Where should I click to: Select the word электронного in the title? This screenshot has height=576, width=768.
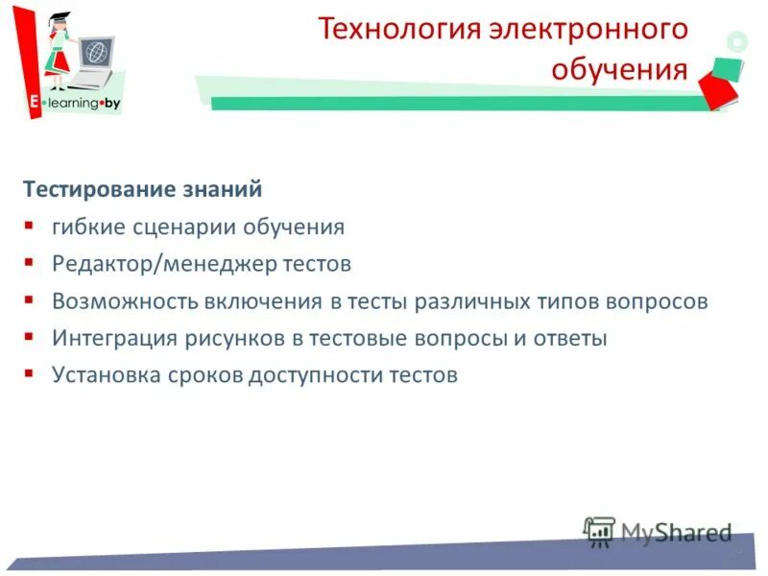coord(588,30)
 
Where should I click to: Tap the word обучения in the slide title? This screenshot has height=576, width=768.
coord(619,70)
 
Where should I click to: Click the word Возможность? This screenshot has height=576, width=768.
coord(124,301)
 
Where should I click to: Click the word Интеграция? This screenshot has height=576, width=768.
coord(113,338)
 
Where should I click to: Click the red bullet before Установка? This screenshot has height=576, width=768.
coord(30,372)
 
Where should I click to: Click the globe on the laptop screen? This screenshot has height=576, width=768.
coord(95,50)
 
